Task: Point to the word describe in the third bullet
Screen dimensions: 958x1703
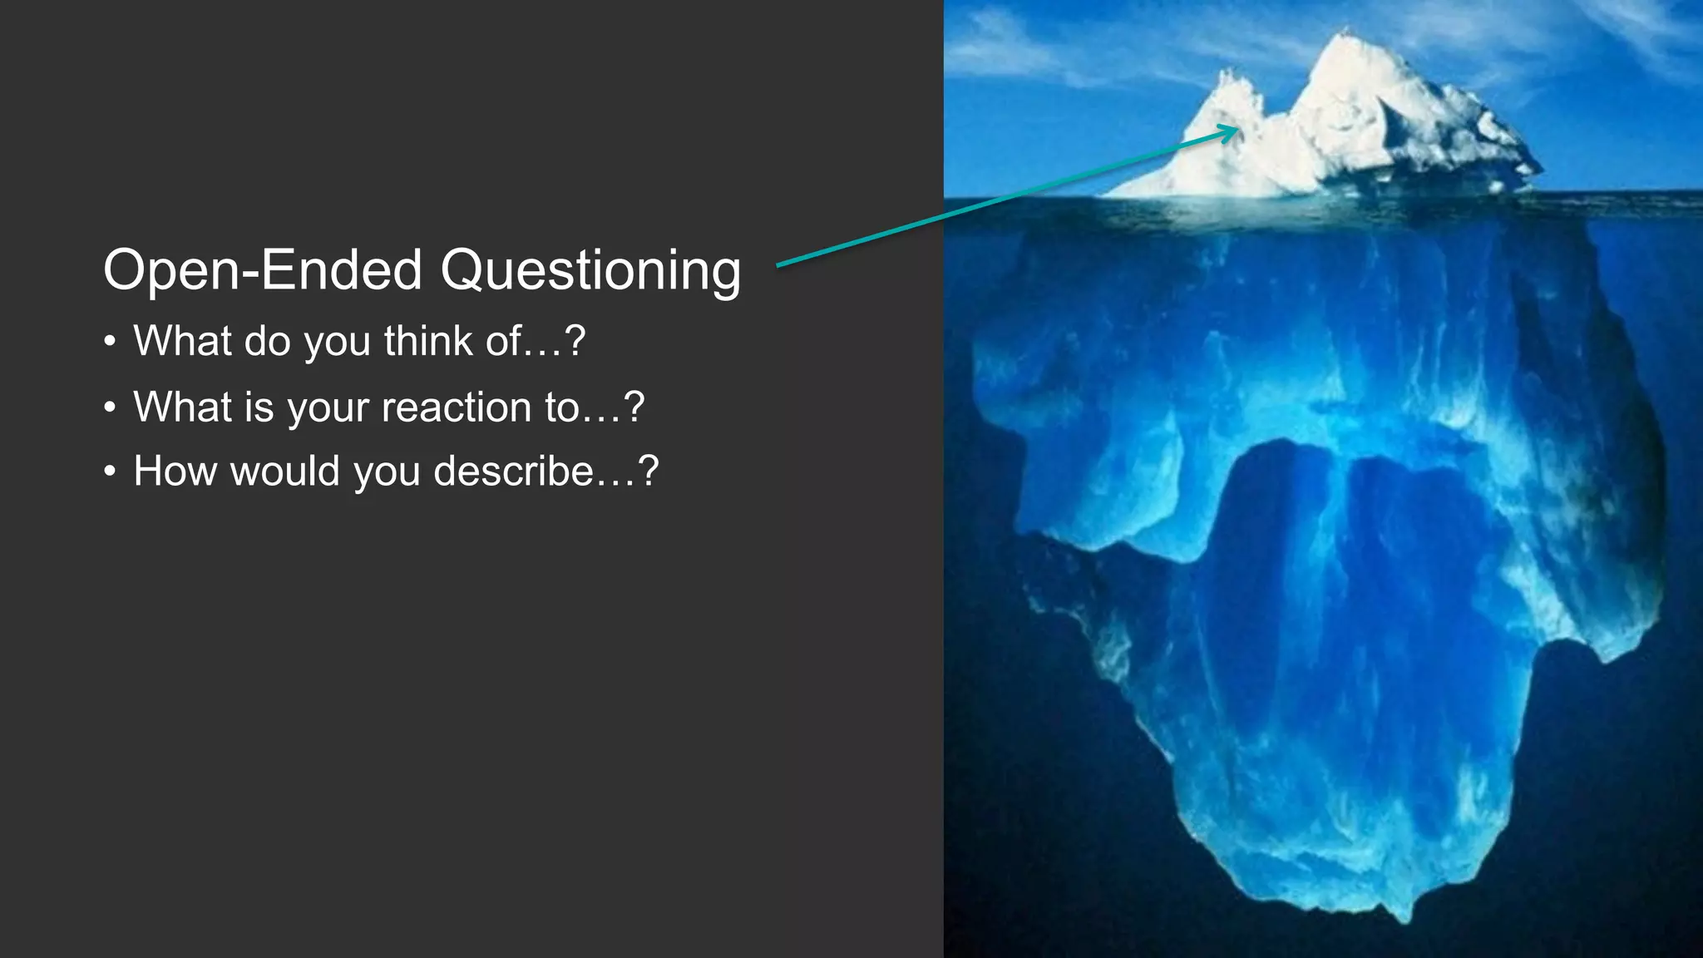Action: click(514, 472)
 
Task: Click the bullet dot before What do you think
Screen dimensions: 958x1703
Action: click(110, 343)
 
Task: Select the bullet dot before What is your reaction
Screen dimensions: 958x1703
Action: click(110, 408)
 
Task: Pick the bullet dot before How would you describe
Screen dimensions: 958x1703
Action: click(110, 472)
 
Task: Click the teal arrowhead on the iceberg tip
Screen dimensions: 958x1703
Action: click(1232, 131)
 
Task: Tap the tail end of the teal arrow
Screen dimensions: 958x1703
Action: click(780, 265)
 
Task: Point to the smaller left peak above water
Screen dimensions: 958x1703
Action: click(1224, 79)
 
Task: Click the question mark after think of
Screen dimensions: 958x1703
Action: click(575, 341)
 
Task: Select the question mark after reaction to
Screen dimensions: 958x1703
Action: click(634, 407)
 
